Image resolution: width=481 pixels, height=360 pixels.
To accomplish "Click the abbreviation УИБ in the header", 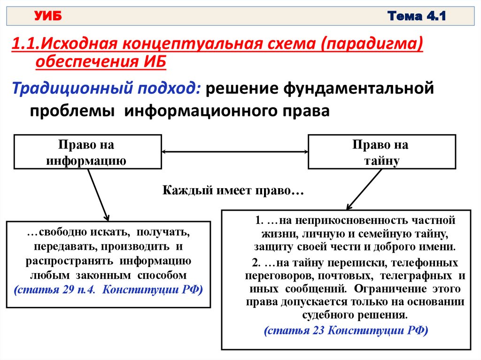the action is [x=48, y=17].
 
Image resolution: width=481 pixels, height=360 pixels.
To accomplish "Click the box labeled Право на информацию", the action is [x=87, y=152].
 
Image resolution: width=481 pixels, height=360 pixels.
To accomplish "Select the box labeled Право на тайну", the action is [x=381, y=152].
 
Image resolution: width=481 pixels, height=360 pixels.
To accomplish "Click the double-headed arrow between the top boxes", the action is [x=234, y=152].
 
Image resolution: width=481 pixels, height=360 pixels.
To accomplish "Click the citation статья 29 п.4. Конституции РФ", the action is [x=109, y=290].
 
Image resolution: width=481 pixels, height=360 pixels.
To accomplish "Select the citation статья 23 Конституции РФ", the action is [x=346, y=330].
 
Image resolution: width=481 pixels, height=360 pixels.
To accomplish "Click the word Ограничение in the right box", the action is [x=384, y=288].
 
